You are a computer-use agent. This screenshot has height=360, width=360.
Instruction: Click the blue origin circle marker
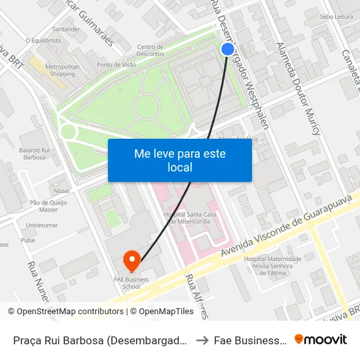coord(228,49)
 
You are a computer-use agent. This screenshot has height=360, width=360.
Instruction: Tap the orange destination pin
coord(132,261)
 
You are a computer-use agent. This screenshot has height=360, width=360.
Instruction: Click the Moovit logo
coord(321,339)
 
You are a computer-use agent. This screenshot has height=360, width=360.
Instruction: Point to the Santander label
coord(65,29)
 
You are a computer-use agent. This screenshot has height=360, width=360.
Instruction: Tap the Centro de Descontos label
coord(150,50)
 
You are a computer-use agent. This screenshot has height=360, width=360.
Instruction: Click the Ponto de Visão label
coord(116,65)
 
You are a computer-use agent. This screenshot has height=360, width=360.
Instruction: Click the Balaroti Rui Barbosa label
coord(35,154)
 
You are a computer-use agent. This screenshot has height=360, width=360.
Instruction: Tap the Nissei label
coord(62,190)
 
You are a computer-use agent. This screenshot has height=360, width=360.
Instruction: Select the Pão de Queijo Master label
coord(48,206)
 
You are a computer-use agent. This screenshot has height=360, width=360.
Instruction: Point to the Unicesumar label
coord(41,225)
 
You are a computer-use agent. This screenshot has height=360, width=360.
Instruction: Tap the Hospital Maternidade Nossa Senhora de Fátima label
coord(272,265)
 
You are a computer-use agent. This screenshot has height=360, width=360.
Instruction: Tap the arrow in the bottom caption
coord(203,340)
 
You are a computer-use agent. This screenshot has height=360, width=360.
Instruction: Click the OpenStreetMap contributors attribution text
coord(66,312)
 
